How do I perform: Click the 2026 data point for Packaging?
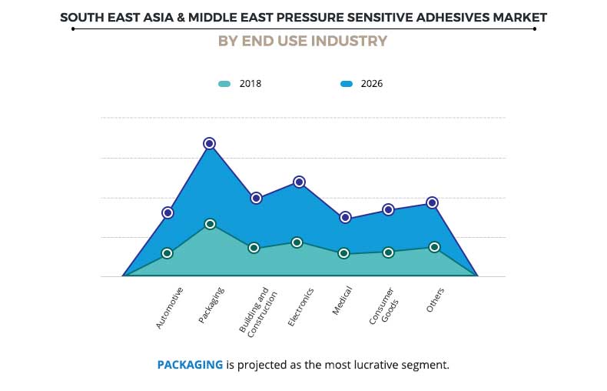[209, 143]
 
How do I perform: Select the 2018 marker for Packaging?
[210, 224]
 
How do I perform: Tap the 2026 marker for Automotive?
[168, 212]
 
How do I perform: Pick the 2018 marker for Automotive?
[167, 253]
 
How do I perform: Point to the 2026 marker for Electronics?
[300, 182]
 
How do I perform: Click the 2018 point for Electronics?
[297, 242]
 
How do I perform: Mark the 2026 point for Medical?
[346, 218]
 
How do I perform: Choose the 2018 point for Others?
[434, 247]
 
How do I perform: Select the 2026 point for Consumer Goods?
[389, 209]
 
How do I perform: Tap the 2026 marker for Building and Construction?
[256, 198]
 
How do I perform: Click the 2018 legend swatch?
[224, 84]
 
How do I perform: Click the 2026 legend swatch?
[346, 84]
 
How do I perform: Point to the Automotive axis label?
[170, 309]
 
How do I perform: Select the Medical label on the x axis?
[343, 301]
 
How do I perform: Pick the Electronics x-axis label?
[300, 307]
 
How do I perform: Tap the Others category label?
[436, 299]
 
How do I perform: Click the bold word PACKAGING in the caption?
[190, 364]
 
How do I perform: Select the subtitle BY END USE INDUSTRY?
[303, 42]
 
